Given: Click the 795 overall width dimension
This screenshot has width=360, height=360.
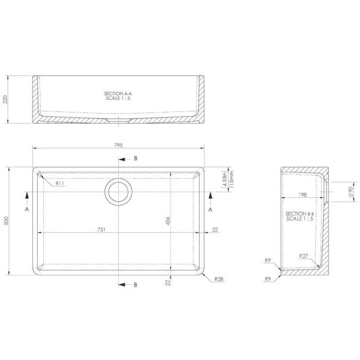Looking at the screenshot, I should tap(118, 145).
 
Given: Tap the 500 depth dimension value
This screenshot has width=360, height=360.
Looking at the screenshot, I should tap(6, 221).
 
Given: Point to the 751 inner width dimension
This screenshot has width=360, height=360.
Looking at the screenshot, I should tap(101, 229).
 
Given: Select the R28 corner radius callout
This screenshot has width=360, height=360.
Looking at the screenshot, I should tap(218, 279).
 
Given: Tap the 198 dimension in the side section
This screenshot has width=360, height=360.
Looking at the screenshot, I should tap(302, 196).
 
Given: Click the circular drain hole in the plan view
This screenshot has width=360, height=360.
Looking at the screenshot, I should tap(118, 191).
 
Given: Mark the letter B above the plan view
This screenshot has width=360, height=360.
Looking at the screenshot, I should tap(135, 159).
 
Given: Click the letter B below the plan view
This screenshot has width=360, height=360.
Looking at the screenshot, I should tap(135, 285).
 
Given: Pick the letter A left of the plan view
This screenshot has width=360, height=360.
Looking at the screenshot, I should tap(26, 210).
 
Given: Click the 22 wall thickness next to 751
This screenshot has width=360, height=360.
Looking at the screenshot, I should tap(214, 229).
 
